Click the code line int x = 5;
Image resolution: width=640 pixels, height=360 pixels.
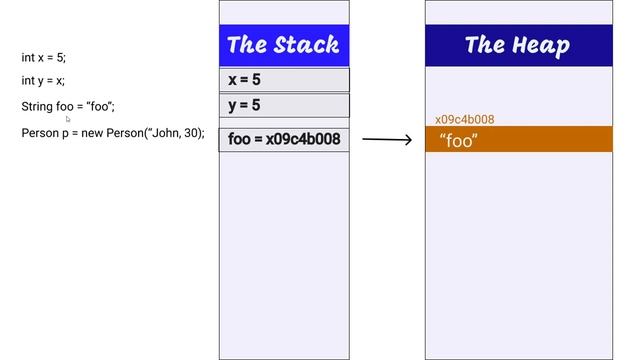click(43, 58)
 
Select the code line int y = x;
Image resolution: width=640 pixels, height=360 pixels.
click(43, 81)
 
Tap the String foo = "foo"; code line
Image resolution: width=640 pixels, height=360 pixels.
click(68, 106)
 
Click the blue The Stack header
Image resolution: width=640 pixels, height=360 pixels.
click(284, 45)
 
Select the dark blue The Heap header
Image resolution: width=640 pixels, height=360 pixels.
click(518, 45)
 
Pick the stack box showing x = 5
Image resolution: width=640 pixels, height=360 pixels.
click(284, 80)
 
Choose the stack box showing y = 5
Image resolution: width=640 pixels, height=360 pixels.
click(284, 105)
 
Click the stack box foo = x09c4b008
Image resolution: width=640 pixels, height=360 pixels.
click(284, 139)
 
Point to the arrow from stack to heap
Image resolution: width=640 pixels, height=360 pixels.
click(386, 140)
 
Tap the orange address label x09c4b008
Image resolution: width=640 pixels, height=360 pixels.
click(464, 120)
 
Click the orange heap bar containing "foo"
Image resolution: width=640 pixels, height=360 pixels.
click(518, 140)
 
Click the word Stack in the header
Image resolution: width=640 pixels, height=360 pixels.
click(305, 45)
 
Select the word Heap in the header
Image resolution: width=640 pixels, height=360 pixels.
click(539, 45)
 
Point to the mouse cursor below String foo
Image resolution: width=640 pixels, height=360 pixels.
click(68, 119)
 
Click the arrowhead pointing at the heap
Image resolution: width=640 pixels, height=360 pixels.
click(407, 140)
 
